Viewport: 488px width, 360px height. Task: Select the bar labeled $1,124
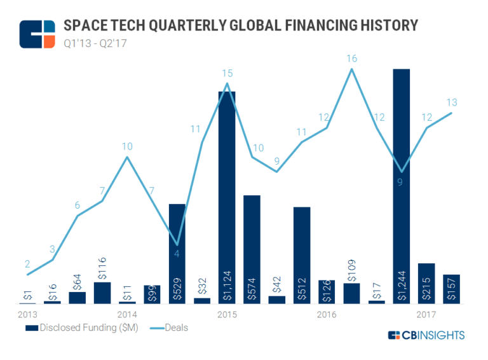tap(227, 197)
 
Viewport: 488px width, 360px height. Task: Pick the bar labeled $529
tap(177, 254)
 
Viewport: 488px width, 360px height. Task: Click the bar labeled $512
tap(302, 255)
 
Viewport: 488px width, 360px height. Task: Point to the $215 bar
tap(426, 283)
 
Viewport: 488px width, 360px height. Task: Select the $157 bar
tap(451, 289)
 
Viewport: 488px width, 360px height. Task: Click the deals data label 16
tap(351, 59)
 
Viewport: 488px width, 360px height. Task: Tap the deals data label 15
tap(227, 72)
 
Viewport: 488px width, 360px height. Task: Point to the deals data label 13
tap(451, 102)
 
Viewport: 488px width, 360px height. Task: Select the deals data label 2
tap(27, 263)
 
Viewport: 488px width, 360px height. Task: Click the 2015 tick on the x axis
tap(227, 314)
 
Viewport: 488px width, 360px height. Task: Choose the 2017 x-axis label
tap(426, 314)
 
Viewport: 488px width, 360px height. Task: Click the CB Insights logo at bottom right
tap(426, 335)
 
